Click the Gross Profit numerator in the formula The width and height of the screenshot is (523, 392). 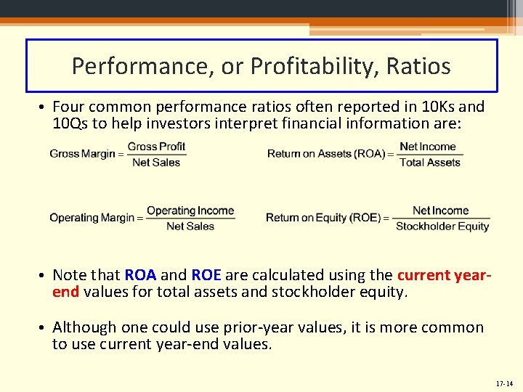click(x=156, y=147)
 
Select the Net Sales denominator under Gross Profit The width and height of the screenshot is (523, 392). click(x=156, y=163)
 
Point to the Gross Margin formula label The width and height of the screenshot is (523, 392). click(x=82, y=154)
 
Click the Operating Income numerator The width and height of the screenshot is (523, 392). click(x=190, y=211)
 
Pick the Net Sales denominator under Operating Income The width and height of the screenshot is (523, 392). click(x=190, y=226)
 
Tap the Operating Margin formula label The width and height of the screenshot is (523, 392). click(x=92, y=218)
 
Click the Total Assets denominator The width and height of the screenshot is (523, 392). click(x=430, y=163)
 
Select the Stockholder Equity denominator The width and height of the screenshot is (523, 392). click(x=442, y=226)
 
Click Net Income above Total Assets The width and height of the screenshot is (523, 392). click(x=428, y=147)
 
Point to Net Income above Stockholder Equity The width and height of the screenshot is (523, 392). click(x=441, y=211)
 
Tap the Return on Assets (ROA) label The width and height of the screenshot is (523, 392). click(x=325, y=154)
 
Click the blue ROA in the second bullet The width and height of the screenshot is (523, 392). click(x=140, y=275)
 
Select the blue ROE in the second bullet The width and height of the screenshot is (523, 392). click(x=206, y=275)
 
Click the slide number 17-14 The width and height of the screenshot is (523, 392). click(x=503, y=383)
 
